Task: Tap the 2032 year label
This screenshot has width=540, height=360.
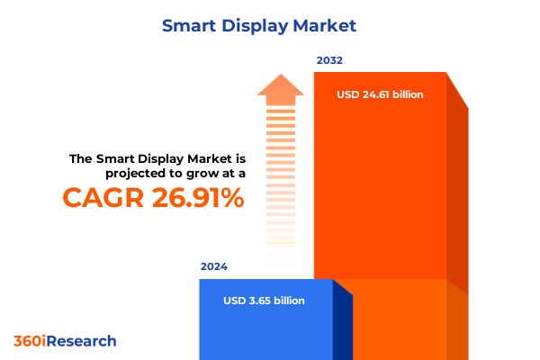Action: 328,61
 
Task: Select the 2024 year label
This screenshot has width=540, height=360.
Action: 213,267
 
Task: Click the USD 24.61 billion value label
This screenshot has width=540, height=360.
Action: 380,94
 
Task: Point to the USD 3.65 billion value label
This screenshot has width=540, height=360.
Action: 264,301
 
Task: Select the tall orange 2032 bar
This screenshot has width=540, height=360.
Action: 380,180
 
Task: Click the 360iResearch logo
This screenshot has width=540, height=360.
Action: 65,341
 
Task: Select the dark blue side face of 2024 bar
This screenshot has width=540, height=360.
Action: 342,324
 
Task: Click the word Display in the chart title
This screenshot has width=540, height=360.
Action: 255,25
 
